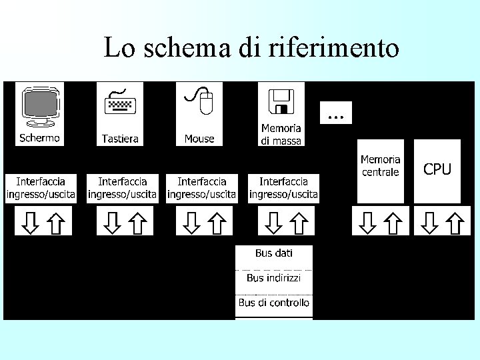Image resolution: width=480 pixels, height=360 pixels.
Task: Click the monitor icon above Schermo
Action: pos(39,106)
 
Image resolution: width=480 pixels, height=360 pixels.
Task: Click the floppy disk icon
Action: pos(281,102)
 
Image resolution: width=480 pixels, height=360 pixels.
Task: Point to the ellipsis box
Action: pos(335,114)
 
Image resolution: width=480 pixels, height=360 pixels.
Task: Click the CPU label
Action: pos(437,169)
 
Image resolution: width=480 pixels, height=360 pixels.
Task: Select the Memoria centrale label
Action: pos(381,165)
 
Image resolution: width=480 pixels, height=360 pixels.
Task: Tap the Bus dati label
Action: pos(274,253)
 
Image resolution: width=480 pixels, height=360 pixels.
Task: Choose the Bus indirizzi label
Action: pos(274,278)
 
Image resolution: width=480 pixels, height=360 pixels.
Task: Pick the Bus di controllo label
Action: pos(274,303)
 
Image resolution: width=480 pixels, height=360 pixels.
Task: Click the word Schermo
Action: pos(39,138)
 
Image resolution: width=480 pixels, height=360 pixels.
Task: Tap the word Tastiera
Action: pos(120,139)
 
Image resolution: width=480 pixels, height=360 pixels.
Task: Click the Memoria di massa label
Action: pos(281,134)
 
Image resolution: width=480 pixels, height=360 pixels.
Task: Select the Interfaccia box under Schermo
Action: pos(41,188)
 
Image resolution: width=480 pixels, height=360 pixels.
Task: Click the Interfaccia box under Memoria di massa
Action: pos(283,188)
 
